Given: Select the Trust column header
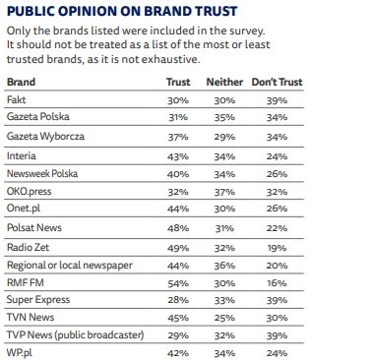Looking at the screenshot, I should coord(178,83).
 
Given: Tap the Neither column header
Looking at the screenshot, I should coord(224,83).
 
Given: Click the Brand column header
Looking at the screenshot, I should coord(21,83).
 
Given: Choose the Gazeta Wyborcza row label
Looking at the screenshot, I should coord(42,138).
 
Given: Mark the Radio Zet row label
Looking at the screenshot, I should coord(29,248).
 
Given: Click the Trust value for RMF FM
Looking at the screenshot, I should coord(178,284).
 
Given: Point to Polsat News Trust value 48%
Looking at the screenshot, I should coord(178,229).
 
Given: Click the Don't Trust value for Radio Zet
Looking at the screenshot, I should coord(277,248).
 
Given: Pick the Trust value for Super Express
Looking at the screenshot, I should coord(178,302).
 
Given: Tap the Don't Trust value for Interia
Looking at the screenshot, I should coord(277,156).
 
